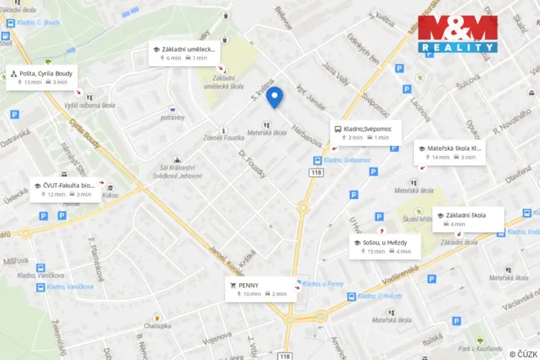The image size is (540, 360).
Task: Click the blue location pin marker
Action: coord(275,98)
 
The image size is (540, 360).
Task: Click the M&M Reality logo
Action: coord(458,33)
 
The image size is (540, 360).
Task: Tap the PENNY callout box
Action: coord(259,288)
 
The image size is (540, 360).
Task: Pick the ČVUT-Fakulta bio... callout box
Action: coord(65,189)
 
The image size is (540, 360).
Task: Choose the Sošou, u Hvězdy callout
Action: coord(382,246)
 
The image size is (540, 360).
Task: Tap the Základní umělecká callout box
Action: coord(185,53)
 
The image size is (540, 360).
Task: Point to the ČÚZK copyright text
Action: coord(522,354)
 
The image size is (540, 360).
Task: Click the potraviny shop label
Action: coord(173,118)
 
